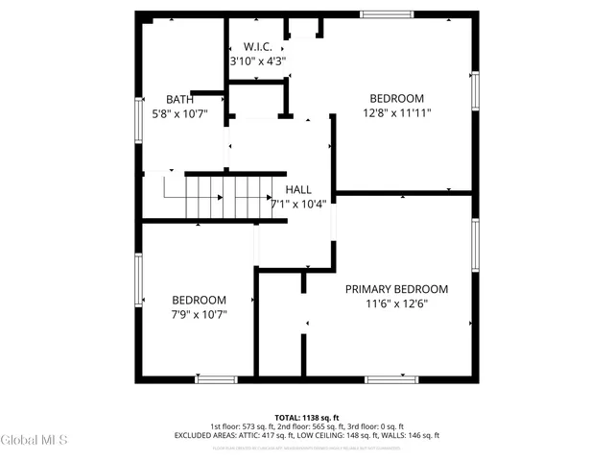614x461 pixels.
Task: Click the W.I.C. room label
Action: click(258, 46)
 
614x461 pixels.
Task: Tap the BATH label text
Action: click(179, 99)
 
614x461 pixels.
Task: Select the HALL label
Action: click(298, 189)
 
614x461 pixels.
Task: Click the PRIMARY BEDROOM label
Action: click(396, 288)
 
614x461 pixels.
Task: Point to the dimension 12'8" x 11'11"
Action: click(396, 112)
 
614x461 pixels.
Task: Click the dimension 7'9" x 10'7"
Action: click(199, 314)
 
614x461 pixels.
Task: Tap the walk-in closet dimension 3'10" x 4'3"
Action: click(258, 61)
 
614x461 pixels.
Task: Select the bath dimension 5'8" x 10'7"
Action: click(179, 113)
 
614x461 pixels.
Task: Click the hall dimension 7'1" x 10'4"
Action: click(298, 204)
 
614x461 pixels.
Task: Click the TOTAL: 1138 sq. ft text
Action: click(306, 418)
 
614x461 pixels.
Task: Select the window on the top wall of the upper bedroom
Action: click(387, 13)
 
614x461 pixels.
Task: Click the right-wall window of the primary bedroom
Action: click(474, 246)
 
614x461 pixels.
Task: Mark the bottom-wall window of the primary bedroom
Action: click(391, 379)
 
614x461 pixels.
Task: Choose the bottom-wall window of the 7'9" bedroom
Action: click(215, 379)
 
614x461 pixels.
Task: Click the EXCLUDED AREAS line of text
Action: click(306, 436)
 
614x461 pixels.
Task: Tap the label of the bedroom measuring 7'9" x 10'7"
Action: click(199, 300)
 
